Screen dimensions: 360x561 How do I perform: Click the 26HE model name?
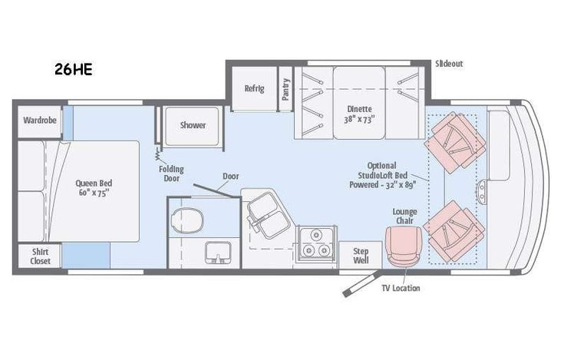point(73,70)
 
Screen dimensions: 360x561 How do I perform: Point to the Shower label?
point(193,125)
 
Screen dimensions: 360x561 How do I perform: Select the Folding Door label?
point(171,173)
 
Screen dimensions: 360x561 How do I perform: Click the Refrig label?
point(254,88)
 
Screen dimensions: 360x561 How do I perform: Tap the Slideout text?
point(448,63)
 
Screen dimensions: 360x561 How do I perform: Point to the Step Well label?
point(361,256)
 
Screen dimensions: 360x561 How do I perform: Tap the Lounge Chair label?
point(404,216)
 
